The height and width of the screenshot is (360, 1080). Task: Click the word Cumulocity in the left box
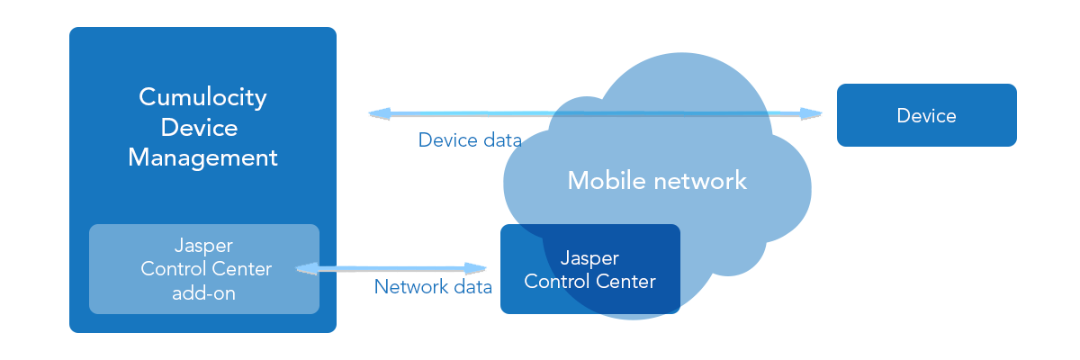(x=202, y=97)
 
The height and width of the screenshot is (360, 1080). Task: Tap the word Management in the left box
(x=202, y=157)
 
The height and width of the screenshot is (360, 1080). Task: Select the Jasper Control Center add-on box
(x=204, y=268)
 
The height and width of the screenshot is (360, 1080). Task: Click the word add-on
(x=203, y=292)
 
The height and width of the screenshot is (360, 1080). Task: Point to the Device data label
(x=470, y=140)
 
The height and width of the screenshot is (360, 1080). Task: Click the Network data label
(x=433, y=287)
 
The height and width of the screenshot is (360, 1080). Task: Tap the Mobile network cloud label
(x=657, y=180)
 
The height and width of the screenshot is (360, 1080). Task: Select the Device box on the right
(x=926, y=115)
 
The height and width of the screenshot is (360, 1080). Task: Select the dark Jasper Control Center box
(x=589, y=269)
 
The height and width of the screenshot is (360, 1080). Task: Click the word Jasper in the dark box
(x=589, y=258)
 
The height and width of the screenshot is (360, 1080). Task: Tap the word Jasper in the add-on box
(x=203, y=246)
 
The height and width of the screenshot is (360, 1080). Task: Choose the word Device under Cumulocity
(x=199, y=127)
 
